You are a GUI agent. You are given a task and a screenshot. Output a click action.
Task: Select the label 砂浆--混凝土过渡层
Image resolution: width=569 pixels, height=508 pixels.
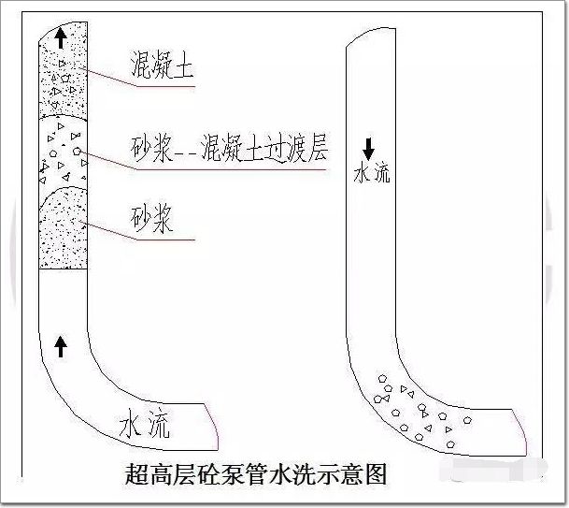coord(230,148)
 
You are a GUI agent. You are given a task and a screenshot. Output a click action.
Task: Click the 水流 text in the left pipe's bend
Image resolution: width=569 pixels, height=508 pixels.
coord(146,427)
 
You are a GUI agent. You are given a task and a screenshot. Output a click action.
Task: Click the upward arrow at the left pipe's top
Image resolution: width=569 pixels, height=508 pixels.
coord(62,38)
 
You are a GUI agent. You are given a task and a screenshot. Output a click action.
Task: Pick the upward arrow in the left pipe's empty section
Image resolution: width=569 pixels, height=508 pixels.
coord(62,347)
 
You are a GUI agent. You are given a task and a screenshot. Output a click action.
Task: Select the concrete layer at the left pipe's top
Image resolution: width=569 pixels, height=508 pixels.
coord(63,75)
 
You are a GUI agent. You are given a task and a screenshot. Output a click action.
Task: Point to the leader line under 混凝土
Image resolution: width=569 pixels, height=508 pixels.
coord(164,87)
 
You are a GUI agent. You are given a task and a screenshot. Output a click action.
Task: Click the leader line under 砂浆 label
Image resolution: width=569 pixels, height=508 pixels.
coord(164,240)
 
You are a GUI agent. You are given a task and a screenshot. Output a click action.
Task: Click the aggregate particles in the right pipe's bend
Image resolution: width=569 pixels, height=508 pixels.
coord(420,412)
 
